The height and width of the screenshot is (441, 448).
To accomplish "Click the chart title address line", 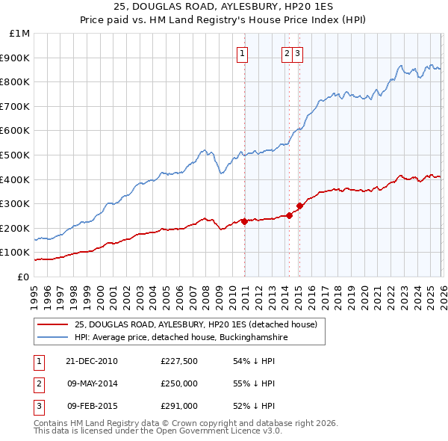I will click(x=223, y=7).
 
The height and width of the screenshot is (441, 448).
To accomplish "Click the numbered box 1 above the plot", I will click(x=243, y=53).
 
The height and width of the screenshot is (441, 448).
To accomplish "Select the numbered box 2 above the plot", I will click(x=287, y=53).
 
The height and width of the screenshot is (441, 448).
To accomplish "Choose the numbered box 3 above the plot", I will click(x=297, y=53).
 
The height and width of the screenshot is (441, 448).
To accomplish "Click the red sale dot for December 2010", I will click(x=244, y=221).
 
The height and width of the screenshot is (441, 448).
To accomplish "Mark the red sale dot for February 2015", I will click(x=299, y=206).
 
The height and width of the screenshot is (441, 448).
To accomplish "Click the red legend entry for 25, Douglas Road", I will click(x=196, y=324).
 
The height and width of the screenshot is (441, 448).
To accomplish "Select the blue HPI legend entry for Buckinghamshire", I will click(x=181, y=338).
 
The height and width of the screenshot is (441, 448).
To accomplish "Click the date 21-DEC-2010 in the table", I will click(x=92, y=361).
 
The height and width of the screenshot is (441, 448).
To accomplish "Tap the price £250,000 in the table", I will click(x=179, y=383).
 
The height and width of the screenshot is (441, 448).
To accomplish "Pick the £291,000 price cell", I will click(x=179, y=406).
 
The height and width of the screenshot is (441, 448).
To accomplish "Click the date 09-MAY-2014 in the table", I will click(x=92, y=383).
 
